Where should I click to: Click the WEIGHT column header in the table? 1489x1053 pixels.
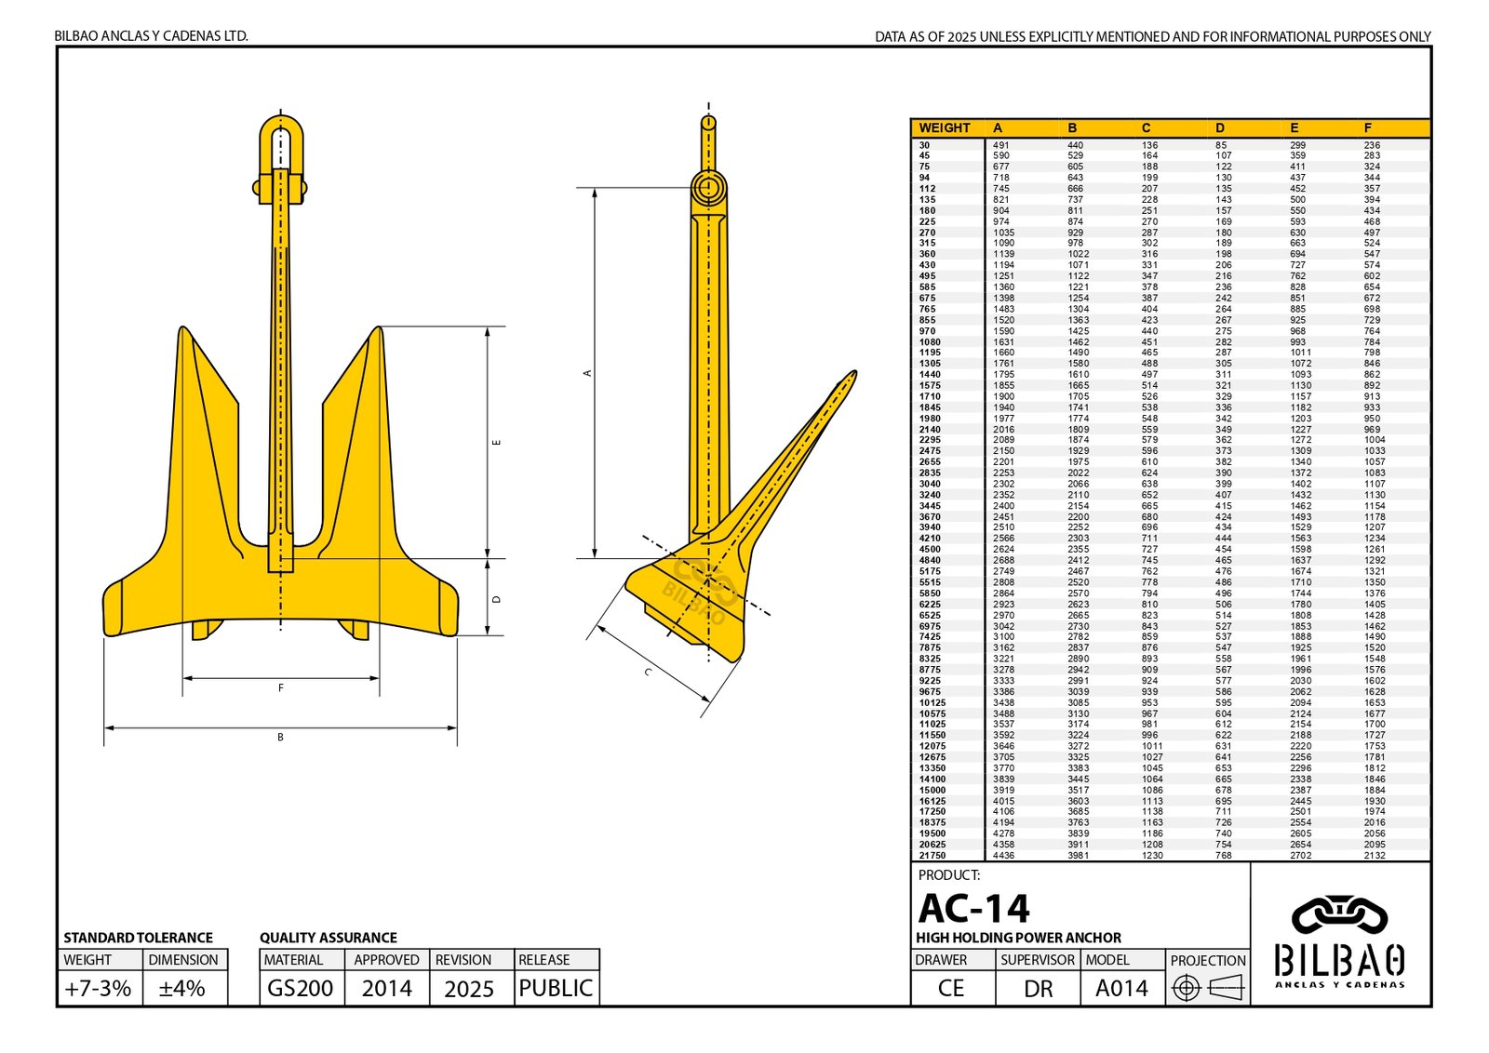coord(944,128)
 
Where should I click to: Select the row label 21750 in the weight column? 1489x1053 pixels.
coord(932,856)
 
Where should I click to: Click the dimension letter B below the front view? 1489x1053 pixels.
coord(280,738)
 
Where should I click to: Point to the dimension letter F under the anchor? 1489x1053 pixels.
coord(280,688)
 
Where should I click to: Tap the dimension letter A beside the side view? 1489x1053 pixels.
coord(587,373)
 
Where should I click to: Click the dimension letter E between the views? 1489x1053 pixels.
coord(496,442)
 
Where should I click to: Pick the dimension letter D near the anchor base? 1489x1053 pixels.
coord(496,600)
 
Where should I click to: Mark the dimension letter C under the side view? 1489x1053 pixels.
coord(648,672)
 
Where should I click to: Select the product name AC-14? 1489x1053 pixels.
coord(973,908)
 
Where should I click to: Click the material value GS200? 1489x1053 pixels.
coord(300,988)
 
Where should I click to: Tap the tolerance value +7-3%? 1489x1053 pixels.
coord(98,988)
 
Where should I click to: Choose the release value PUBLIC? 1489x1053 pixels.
coord(556,988)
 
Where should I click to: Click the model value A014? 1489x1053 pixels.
coord(1121,988)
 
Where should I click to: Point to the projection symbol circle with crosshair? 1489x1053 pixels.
coord(1186,988)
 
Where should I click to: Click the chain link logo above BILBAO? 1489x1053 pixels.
coord(1339,916)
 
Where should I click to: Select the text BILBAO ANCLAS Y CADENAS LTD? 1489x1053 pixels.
coord(151,36)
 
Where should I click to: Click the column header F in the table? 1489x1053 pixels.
coord(1367,128)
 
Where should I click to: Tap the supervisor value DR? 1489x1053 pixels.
coord(1038,988)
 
